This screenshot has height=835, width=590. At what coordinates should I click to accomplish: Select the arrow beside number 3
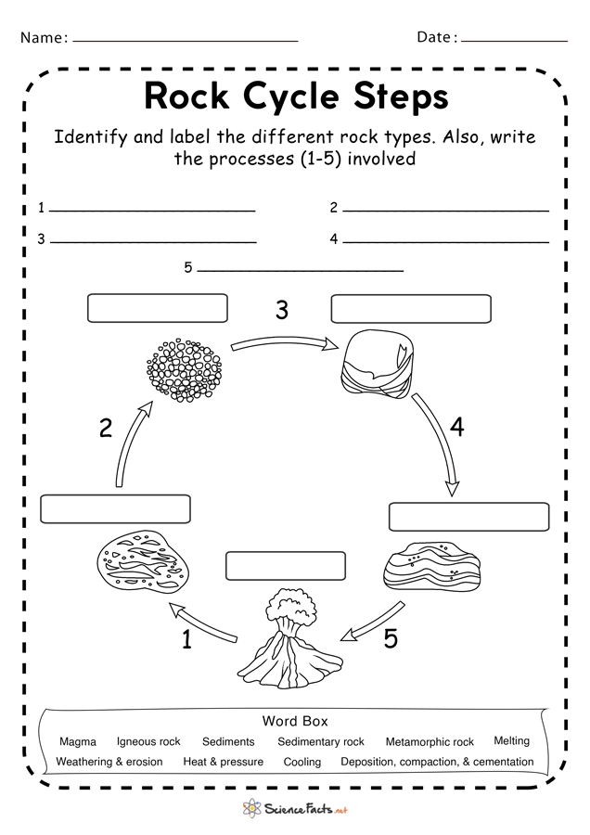282,344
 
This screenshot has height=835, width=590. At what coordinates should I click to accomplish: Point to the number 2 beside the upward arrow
106,428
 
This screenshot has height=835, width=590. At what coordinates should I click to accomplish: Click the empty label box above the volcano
286,565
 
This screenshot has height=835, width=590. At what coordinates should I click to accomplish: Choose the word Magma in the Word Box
77,742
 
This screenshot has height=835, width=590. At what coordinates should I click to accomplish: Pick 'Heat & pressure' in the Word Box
223,762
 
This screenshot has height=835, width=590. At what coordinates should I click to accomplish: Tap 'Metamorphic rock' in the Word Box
430,742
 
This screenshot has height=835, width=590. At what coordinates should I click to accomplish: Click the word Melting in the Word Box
511,741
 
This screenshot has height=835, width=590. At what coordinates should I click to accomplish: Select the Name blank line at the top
185,41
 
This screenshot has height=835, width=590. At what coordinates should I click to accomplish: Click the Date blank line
514,41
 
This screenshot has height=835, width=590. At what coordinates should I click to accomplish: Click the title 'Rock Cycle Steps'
296,96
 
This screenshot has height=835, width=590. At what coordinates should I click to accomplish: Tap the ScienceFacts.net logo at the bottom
295,810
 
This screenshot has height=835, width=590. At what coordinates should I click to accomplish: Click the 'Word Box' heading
295,721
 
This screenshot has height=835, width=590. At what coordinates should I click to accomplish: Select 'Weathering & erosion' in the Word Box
109,762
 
